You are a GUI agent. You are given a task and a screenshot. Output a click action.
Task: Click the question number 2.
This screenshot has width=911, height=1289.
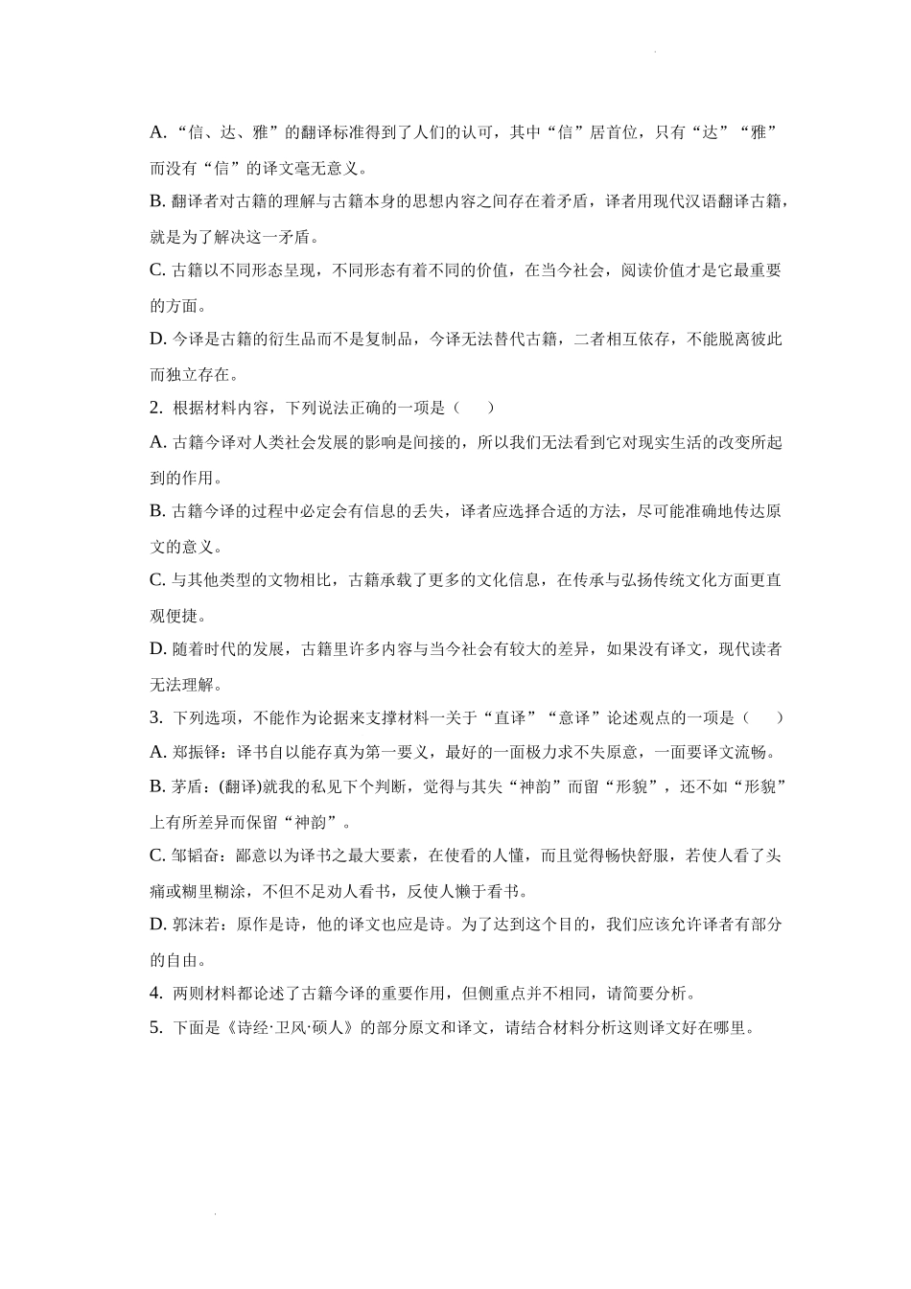point(155,408)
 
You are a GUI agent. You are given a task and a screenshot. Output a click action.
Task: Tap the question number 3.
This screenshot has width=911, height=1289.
point(155,718)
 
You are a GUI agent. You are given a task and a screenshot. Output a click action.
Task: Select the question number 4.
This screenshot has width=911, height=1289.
point(155,994)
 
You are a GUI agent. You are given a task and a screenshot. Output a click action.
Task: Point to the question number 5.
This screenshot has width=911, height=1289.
point(155,1028)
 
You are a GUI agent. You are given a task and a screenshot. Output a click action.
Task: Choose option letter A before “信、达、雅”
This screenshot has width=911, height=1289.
point(158,132)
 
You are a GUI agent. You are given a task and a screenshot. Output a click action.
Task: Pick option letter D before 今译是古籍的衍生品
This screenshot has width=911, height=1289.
point(158,339)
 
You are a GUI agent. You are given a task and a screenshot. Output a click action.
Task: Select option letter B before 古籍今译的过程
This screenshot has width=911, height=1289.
point(158,511)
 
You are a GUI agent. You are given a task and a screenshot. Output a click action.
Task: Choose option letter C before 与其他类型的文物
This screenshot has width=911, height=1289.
point(158,580)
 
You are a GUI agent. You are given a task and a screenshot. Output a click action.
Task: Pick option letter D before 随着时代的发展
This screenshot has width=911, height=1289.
point(158,649)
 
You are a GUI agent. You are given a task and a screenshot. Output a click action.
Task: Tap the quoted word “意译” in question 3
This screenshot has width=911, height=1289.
point(576,718)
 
